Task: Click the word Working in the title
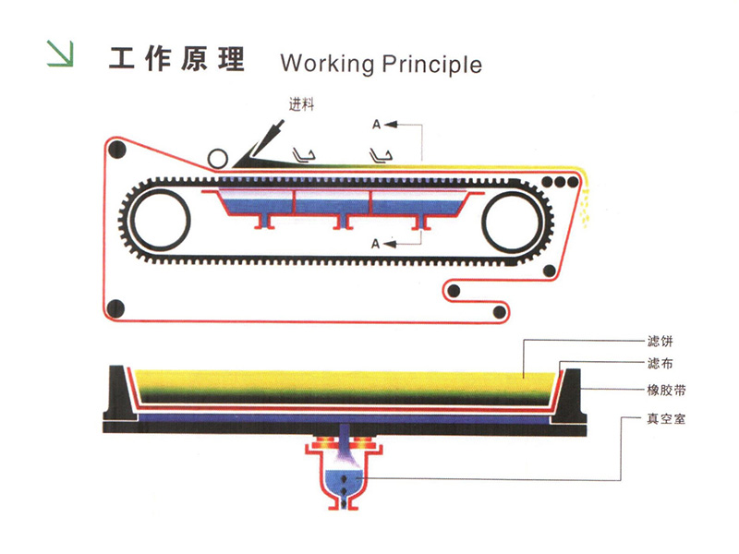click(328, 64)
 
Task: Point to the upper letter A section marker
click(376, 123)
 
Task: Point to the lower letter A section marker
click(376, 244)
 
